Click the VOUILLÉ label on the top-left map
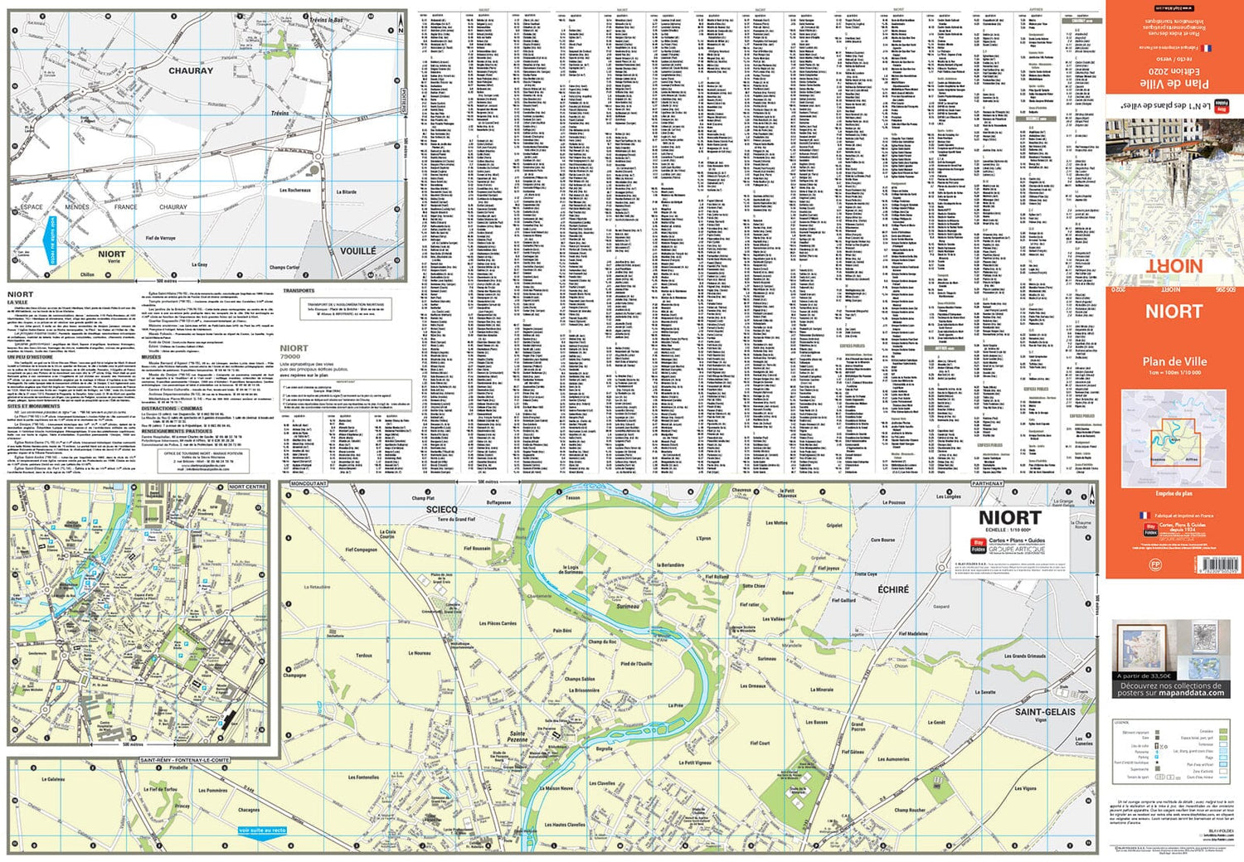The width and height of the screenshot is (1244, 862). tap(357, 250)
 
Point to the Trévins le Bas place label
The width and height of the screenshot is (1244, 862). tap(326, 20)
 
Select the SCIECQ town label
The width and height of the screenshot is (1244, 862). tap(441, 509)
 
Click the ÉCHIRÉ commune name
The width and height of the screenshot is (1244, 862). tap(893, 589)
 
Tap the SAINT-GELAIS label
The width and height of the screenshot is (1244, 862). tap(1045, 712)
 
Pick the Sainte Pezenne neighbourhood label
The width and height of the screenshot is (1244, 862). tap(518, 736)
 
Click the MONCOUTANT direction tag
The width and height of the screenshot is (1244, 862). tap(309, 483)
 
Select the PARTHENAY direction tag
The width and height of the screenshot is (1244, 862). tap(987, 483)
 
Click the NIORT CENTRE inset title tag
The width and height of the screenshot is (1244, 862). tap(247, 487)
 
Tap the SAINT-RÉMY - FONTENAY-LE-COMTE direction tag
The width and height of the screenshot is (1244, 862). tap(184, 760)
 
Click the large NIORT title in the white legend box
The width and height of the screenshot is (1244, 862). tap(1009, 517)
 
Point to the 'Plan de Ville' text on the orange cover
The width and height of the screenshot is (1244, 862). tap(1174, 361)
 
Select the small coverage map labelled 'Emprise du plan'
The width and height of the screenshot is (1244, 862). tap(1174, 438)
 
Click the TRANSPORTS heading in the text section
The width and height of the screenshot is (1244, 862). tap(299, 291)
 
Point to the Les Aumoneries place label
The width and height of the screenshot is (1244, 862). tap(893, 759)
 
